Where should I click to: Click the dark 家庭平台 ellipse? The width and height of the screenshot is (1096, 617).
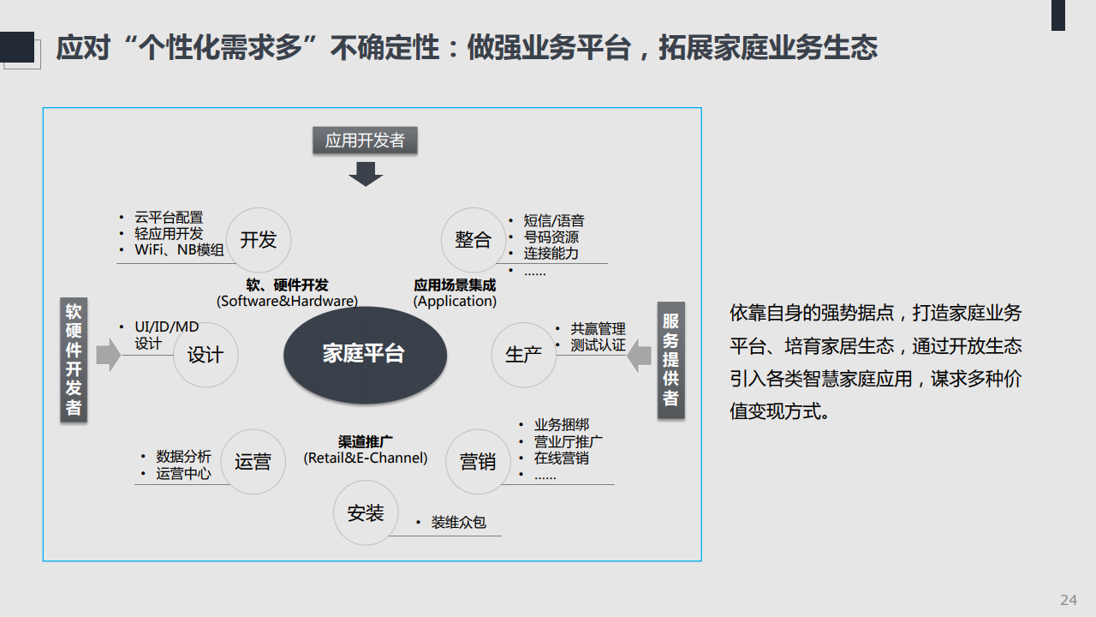coord(365,355)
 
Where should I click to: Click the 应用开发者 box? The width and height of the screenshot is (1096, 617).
coord(365,141)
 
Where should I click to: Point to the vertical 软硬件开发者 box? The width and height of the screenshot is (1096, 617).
coord(74,359)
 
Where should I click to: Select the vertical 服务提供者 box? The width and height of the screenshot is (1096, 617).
coord(670,361)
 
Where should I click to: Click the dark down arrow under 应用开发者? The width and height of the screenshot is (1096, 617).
coord(366,174)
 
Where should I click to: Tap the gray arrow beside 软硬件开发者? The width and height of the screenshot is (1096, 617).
coord(109,355)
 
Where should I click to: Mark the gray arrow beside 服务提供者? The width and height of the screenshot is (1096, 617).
coord(639,356)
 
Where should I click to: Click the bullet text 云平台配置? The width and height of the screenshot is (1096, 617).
coord(169,218)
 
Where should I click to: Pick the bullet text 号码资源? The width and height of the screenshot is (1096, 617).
coord(551,237)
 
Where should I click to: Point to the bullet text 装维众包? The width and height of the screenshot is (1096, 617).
coord(458,523)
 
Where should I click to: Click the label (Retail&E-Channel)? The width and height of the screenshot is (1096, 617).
coord(366,458)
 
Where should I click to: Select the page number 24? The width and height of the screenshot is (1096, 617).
coord(1069,600)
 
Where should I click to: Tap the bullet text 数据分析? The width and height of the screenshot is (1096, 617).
coord(183,457)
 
